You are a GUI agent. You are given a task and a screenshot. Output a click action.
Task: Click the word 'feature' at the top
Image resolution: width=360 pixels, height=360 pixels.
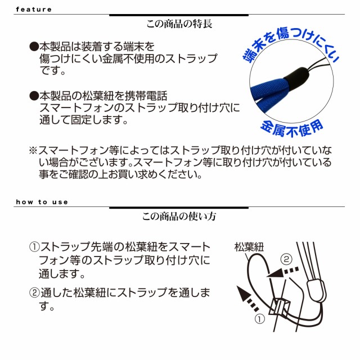coord(34,10)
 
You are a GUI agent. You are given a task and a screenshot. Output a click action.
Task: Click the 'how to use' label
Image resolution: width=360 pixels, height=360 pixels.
coord(42,202)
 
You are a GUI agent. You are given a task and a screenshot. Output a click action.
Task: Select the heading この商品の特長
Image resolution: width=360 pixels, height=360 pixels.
coord(178,25)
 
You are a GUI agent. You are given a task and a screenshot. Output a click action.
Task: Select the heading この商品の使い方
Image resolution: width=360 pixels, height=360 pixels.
coord(179,216)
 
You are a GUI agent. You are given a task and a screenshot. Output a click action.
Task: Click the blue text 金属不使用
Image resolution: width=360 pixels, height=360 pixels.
coord(292,127)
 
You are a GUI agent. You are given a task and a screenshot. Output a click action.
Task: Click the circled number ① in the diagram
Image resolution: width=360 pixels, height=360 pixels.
coord(260,319)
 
